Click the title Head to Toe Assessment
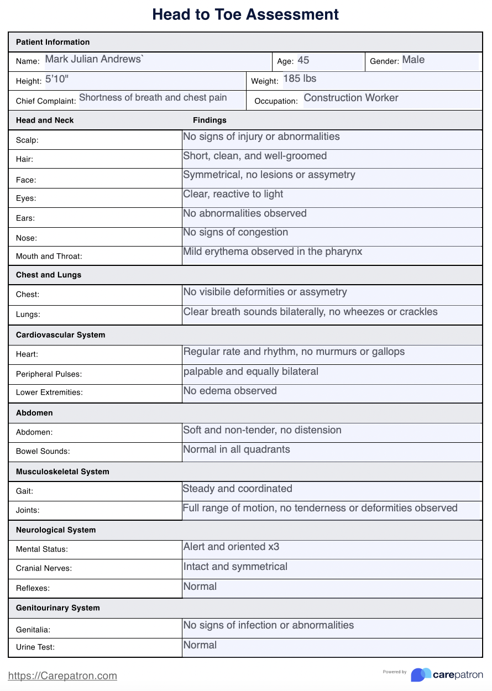click(x=245, y=14)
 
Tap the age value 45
click(x=303, y=60)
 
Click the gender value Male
click(x=413, y=60)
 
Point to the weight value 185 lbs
click(x=300, y=79)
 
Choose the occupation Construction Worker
click(x=350, y=98)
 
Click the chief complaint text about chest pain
click(x=153, y=98)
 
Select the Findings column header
click(x=210, y=120)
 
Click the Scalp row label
click(x=27, y=140)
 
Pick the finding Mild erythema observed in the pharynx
click(x=273, y=252)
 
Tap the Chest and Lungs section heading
click(x=49, y=275)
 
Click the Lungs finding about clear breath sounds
click(x=310, y=312)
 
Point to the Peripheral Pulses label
click(x=49, y=374)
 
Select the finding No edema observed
click(x=230, y=391)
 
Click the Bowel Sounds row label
click(x=43, y=452)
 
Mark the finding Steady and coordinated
click(x=237, y=489)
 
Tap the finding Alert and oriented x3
click(x=231, y=547)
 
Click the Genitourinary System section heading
click(x=58, y=608)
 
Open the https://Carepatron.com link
click(x=62, y=676)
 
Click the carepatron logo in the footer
click(x=447, y=675)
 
